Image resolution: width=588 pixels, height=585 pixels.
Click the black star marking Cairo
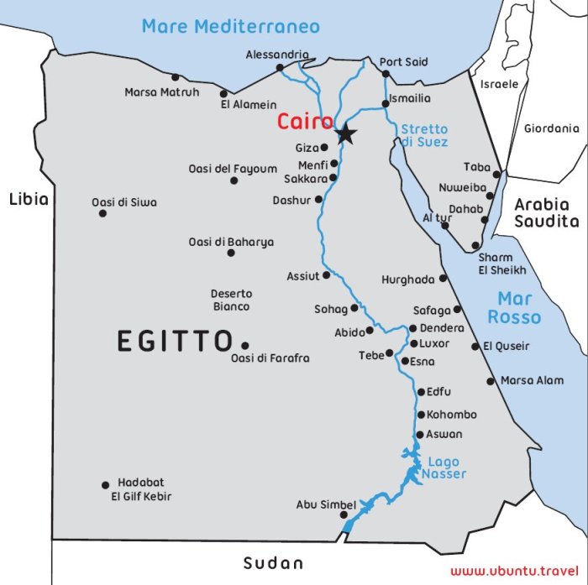345,134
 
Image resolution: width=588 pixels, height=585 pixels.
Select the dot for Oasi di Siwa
102,213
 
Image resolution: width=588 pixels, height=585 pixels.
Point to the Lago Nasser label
443,468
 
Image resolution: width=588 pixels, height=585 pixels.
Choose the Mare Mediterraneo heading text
230,26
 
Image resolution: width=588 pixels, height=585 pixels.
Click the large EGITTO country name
174,342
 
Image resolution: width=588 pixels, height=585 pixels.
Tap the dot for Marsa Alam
491,381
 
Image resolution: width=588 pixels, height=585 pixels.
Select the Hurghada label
407,279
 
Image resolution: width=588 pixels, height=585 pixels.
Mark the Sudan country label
272,563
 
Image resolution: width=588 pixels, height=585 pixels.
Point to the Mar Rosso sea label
515,307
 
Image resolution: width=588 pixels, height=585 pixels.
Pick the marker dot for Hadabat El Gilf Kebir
105,485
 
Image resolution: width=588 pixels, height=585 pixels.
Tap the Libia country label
29,199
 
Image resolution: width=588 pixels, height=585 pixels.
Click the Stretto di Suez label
424,136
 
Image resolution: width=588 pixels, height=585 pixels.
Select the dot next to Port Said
386,74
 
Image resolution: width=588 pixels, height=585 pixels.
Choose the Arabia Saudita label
547,213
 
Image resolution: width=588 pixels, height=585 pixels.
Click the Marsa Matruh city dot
175,77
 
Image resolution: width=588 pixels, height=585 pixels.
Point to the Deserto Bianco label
230,300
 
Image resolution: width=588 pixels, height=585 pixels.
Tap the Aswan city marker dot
419,435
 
